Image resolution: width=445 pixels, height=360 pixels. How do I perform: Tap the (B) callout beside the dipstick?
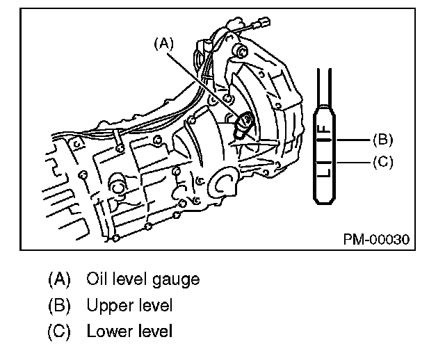pos(382,140)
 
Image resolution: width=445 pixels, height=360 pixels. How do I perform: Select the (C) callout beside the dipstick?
pos(382,161)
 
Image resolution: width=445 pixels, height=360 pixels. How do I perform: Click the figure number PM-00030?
pos(375,238)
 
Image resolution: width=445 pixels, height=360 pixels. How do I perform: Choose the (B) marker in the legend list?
pos(60,305)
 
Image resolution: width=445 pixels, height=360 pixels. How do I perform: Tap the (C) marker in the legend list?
pos(60,331)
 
